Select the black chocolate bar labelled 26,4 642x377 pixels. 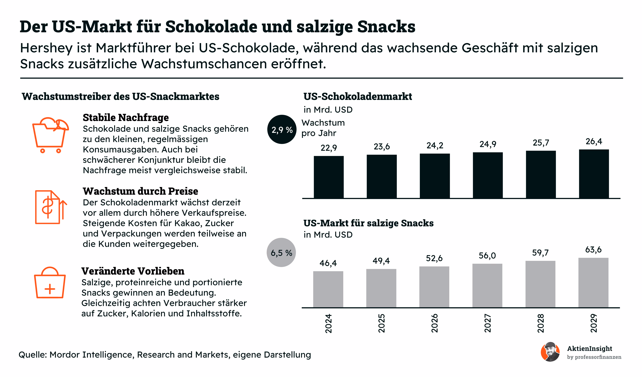tap(594, 174)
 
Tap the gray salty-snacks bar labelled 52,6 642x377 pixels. tap(434, 287)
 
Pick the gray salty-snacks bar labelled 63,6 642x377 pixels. tap(593, 283)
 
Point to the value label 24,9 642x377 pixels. tap(488, 144)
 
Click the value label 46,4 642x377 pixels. tap(328, 263)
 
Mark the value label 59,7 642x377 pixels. tap(540, 253)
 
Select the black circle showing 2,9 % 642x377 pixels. tap(282, 129)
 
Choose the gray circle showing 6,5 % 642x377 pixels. tap(281, 252)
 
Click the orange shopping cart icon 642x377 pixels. tap(51, 135)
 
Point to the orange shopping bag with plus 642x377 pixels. tap(50, 282)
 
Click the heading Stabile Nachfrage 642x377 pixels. tap(126, 117)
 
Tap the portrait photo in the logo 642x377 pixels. tap(550, 352)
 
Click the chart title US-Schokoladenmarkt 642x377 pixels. tap(357, 96)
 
